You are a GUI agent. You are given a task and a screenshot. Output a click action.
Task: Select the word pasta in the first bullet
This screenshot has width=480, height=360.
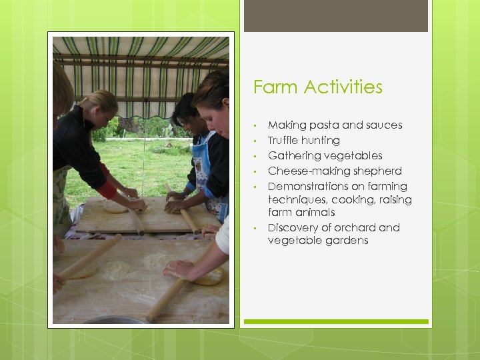[325, 125]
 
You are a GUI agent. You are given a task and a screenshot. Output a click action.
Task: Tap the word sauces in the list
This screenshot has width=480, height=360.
[385, 125]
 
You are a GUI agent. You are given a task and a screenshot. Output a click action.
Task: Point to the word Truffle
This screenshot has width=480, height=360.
[285, 141]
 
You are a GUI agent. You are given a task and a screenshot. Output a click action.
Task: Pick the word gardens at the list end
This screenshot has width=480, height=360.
[346, 241]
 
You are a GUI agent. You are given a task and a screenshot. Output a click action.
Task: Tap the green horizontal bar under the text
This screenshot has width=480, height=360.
[336, 321]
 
